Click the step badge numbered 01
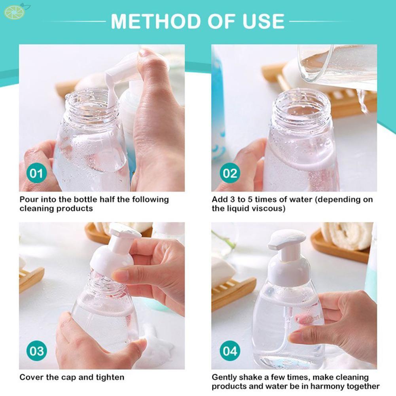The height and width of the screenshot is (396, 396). click(36, 174)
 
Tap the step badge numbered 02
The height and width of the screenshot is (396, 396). click(230, 173)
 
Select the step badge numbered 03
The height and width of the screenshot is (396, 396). click(36, 351)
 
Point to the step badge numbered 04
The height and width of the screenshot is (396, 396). click(230, 351)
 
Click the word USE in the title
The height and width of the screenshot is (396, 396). click(263, 21)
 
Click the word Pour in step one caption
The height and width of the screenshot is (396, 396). click(28, 200)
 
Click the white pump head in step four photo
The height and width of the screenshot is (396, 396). click(287, 239)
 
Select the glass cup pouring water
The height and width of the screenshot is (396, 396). click(336, 63)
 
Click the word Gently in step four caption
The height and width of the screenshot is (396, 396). click(224, 377)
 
